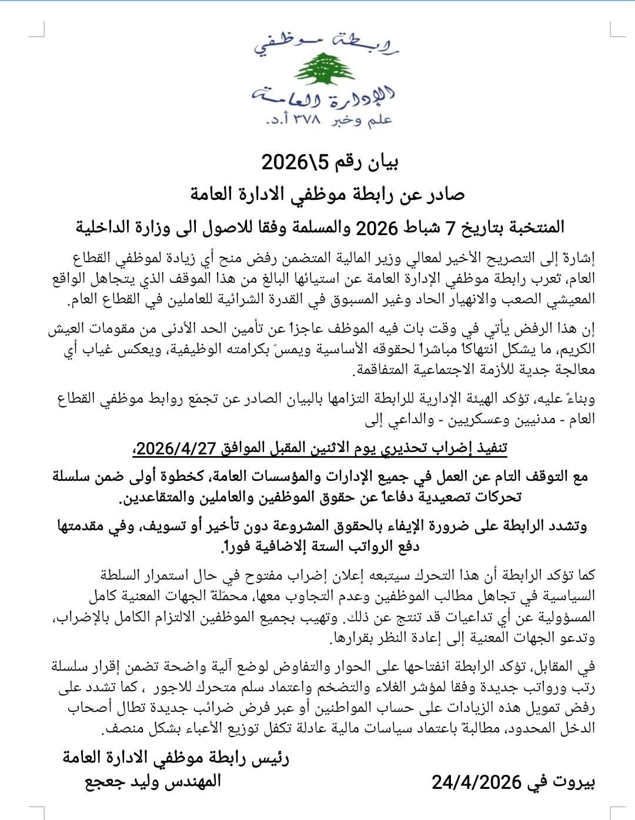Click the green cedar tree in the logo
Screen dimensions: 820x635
317,69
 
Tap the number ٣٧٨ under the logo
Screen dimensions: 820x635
306,120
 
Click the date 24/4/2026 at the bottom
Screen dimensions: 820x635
477,782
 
